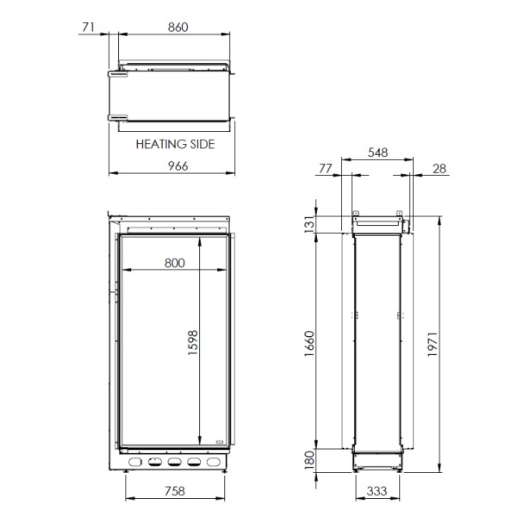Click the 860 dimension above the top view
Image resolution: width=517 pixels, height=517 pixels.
point(177,28)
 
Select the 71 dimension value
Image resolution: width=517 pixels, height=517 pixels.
point(86,28)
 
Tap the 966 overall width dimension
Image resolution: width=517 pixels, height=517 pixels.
point(176,165)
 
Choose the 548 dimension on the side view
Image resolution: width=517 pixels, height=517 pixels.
point(377,153)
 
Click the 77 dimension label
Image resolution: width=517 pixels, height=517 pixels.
point(325,169)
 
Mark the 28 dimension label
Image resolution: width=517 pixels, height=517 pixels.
point(439,169)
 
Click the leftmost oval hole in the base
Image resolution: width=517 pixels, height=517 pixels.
point(135,463)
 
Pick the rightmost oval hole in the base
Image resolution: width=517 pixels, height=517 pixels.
point(213,463)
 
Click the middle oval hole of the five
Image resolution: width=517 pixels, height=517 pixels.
point(174,463)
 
